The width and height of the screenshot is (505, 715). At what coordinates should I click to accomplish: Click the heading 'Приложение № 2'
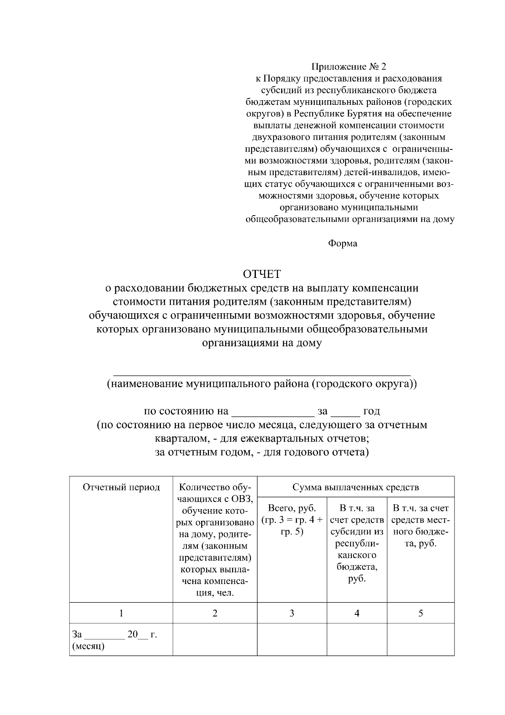(x=348, y=67)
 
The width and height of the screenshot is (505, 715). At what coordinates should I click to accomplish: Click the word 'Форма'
(x=343, y=243)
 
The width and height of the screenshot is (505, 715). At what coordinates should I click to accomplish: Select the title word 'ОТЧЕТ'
(x=262, y=274)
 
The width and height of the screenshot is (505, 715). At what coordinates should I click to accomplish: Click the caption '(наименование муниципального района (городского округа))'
(x=262, y=384)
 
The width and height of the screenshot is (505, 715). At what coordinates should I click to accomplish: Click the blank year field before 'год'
(x=345, y=411)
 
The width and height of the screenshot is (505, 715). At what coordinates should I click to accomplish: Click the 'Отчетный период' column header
(x=121, y=487)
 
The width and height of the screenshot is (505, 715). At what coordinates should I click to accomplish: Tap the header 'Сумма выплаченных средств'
(x=356, y=487)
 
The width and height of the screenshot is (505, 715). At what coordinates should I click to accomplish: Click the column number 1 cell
(x=121, y=613)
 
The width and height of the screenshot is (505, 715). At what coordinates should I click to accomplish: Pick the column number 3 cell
(x=292, y=613)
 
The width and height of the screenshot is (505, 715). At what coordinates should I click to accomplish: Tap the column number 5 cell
(x=420, y=613)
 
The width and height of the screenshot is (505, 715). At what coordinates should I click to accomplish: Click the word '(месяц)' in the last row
(x=88, y=646)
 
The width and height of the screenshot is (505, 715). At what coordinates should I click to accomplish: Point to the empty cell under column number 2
(x=215, y=640)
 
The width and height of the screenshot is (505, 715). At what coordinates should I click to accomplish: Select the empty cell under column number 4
(x=357, y=640)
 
